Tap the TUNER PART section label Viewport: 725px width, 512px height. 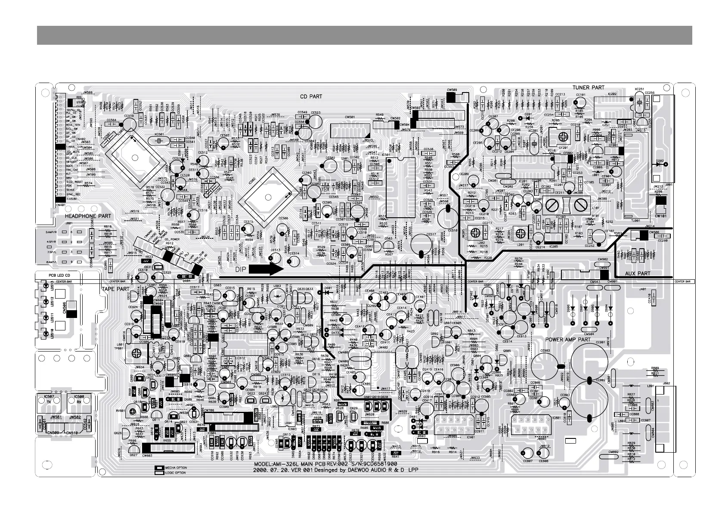pyautogui.click(x=588, y=87)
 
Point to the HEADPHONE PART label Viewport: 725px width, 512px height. pyautogui.click(x=88, y=216)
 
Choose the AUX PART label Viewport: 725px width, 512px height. pyautogui.click(x=638, y=273)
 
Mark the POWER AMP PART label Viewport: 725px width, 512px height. pyautogui.click(x=568, y=339)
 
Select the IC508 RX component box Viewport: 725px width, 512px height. pyautogui.click(x=79, y=400)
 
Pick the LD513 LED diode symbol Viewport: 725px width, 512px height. pyautogui.click(x=46, y=284)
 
